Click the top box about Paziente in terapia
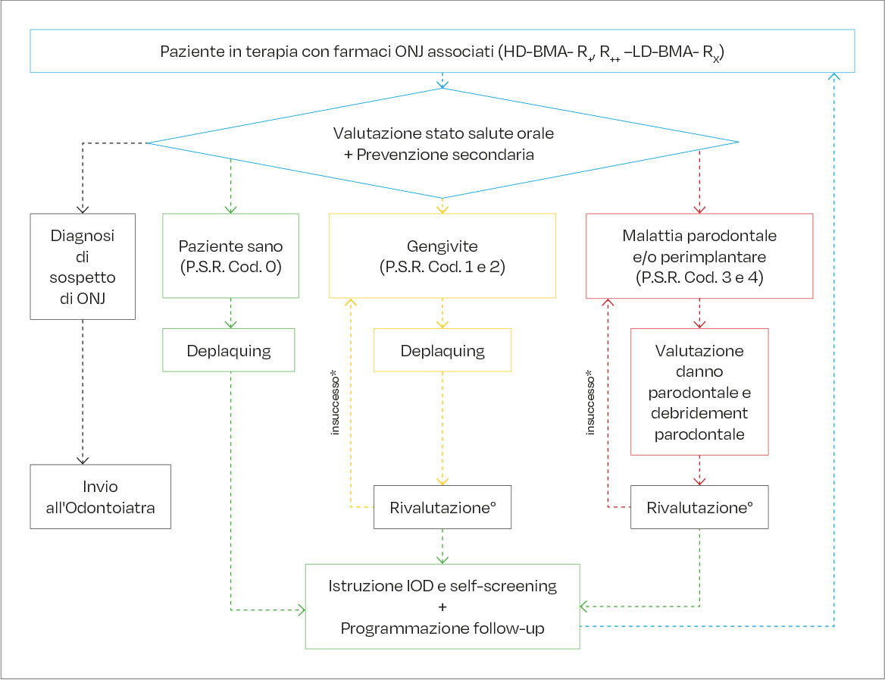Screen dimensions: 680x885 tap(442, 52)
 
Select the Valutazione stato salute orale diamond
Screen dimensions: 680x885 tap(442, 143)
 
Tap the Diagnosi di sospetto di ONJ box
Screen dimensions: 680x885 tap(83, 265)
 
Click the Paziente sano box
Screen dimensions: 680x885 tap(230, 256)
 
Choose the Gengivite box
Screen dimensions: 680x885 tap(442, 255)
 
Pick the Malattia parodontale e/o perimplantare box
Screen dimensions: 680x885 tap(699, 256)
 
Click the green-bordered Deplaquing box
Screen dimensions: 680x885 tap(229, 350)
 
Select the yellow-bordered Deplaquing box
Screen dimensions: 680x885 tap(442, 350)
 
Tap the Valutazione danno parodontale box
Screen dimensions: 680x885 tap(699, 392)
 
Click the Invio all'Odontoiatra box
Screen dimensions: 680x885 tap(101, 497)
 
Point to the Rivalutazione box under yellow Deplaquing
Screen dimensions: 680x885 tap(442, 507)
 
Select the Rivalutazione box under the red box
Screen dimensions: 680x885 tap(699, 507)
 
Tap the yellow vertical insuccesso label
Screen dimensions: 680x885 tap(334, 402)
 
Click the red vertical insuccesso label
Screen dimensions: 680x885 tap(591, 402)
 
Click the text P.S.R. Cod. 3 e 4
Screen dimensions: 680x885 tap(699, 277)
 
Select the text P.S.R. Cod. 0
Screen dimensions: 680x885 tap(230, 267)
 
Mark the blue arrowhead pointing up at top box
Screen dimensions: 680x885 tap(834, 76)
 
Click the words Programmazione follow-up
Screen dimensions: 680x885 tap(442, 628)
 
